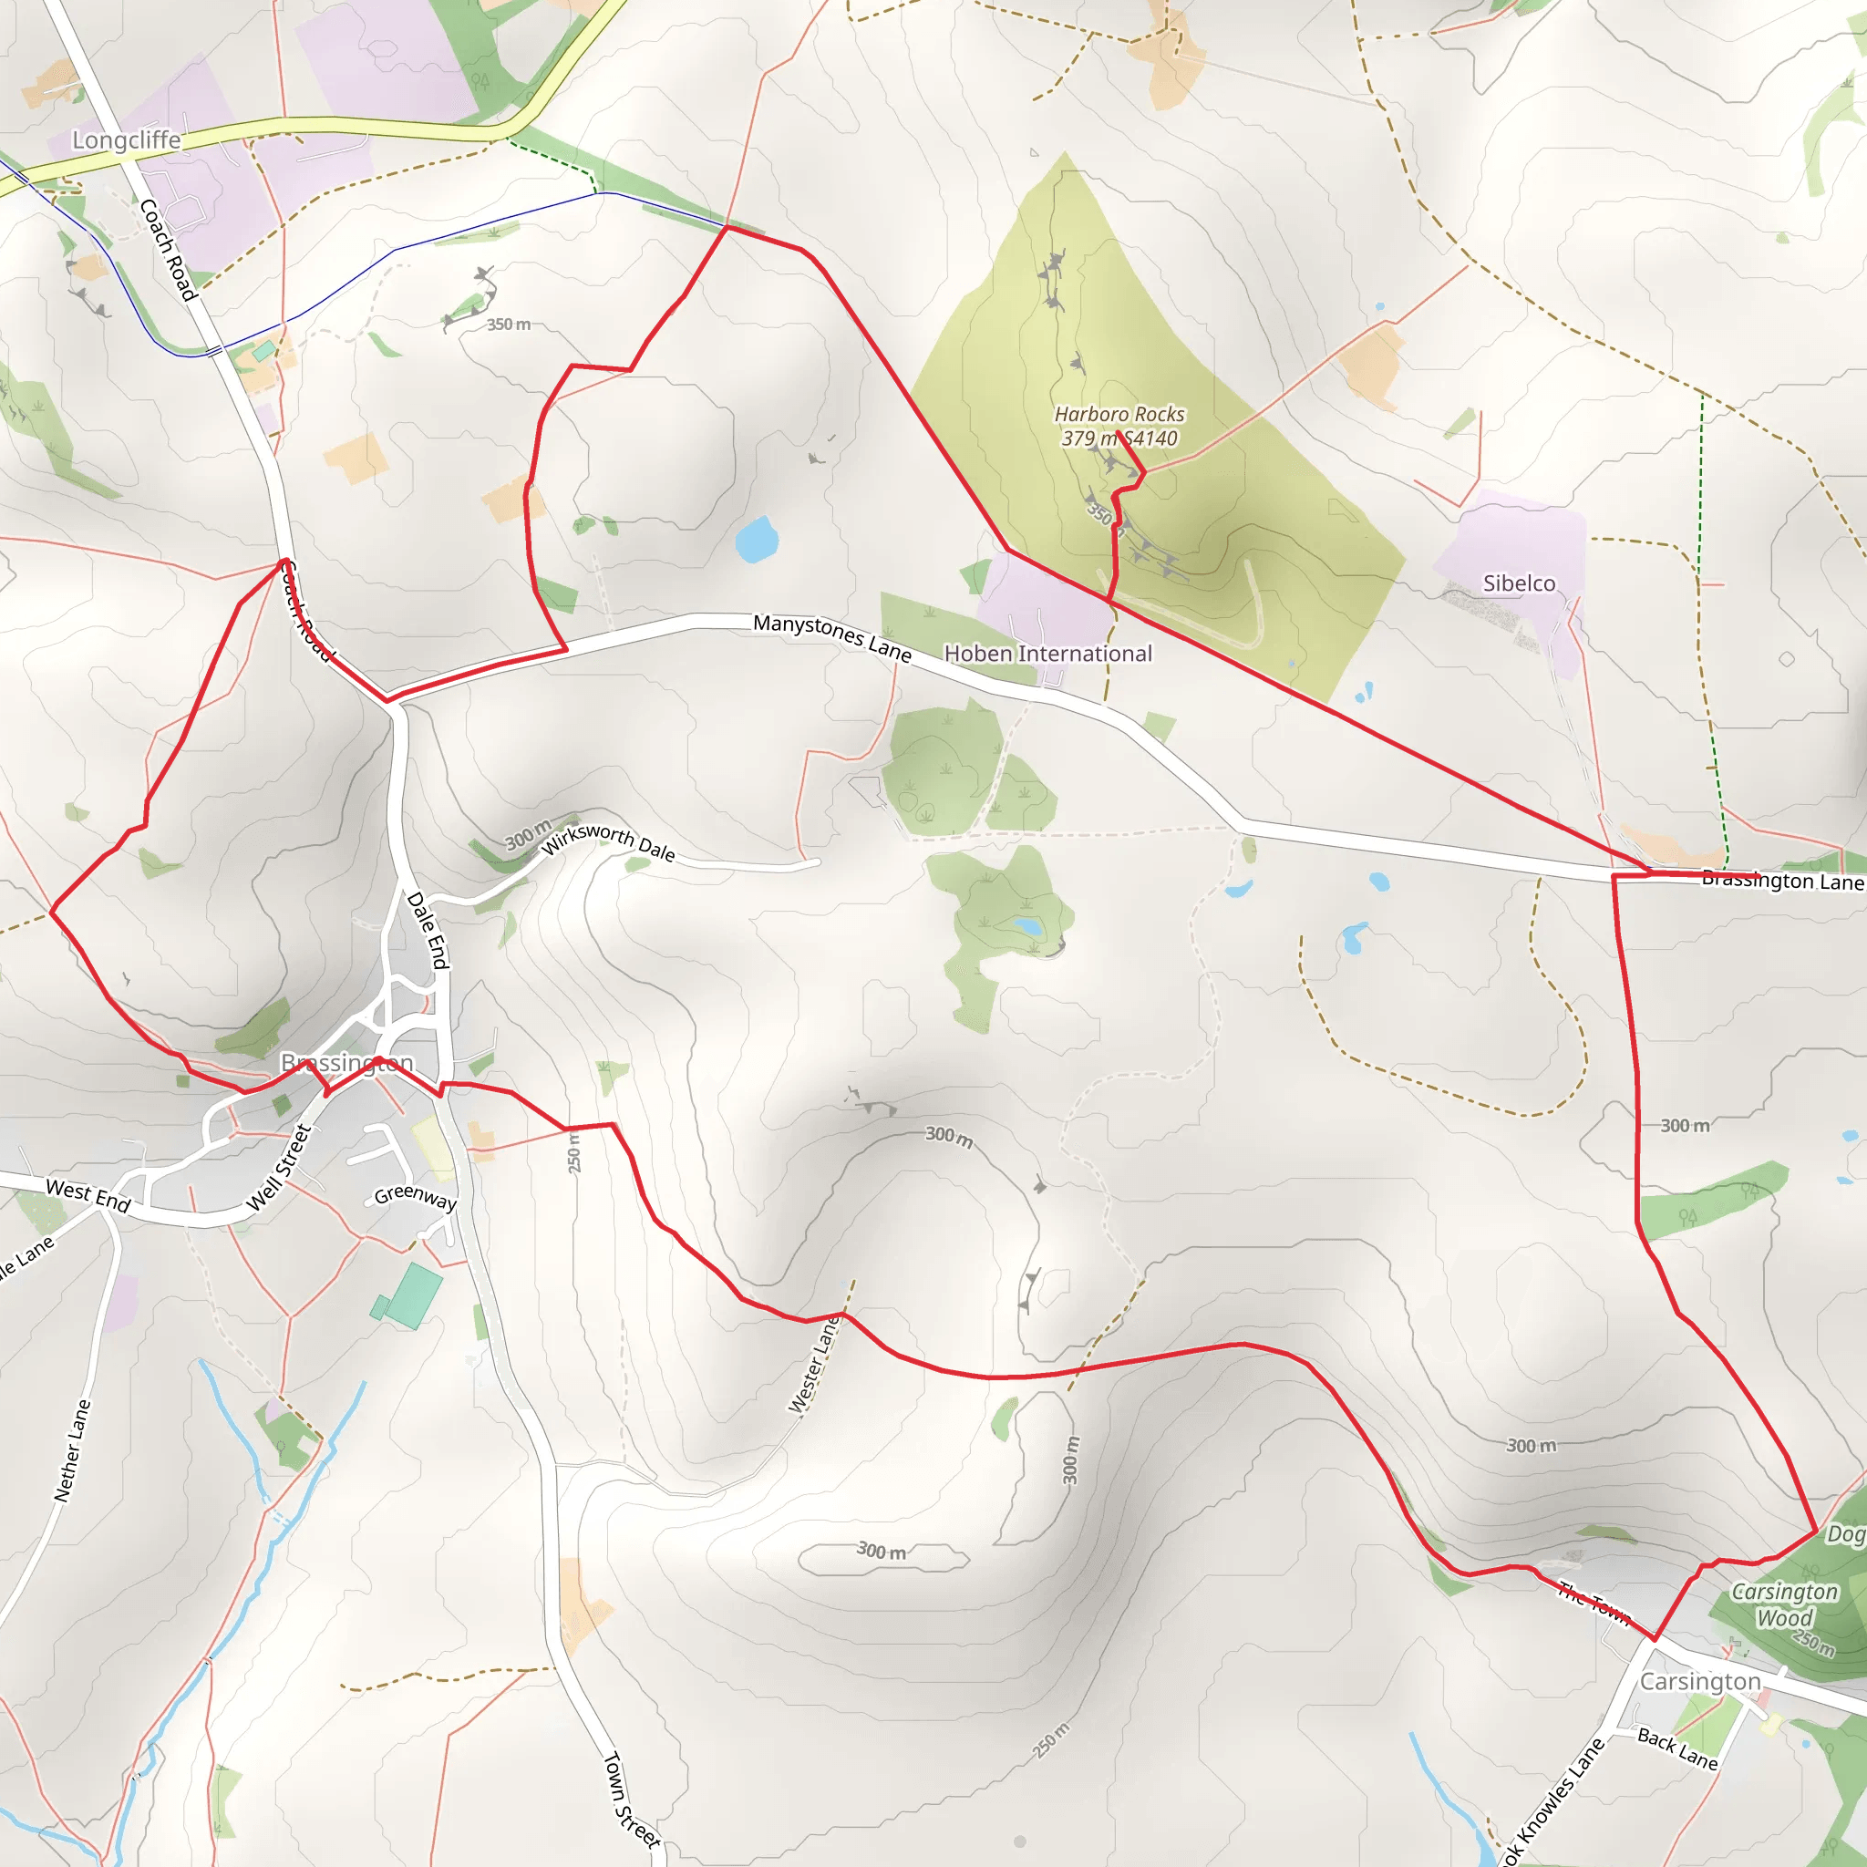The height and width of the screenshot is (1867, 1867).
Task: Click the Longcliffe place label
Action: coord(127,140)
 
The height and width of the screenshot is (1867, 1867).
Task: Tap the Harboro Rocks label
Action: coord(1119,414)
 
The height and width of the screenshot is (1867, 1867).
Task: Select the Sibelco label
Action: coord(1519,583)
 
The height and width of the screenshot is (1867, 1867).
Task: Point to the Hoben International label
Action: coord(1047,654)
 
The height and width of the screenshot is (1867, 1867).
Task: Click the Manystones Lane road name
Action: coord(832,637)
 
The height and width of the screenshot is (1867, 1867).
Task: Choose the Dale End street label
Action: coord(428,930)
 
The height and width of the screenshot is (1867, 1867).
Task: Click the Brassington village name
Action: coord(347,1062)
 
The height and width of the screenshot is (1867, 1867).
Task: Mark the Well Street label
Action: coord(278,1168)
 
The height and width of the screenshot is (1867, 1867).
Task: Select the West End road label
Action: coord(88,1194)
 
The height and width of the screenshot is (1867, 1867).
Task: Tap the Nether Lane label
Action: coord(73,1449)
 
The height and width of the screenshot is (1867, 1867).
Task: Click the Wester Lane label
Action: coord(814,1365)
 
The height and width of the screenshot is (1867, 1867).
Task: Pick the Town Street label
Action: coord(631,1798)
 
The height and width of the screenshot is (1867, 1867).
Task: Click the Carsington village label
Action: coord(1700,1681)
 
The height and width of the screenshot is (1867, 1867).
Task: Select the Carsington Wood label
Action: coord(1784,1605)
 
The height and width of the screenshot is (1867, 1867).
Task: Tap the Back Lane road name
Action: coord(1676,1748)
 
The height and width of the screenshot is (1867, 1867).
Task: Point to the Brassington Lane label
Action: coord(1782,881)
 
